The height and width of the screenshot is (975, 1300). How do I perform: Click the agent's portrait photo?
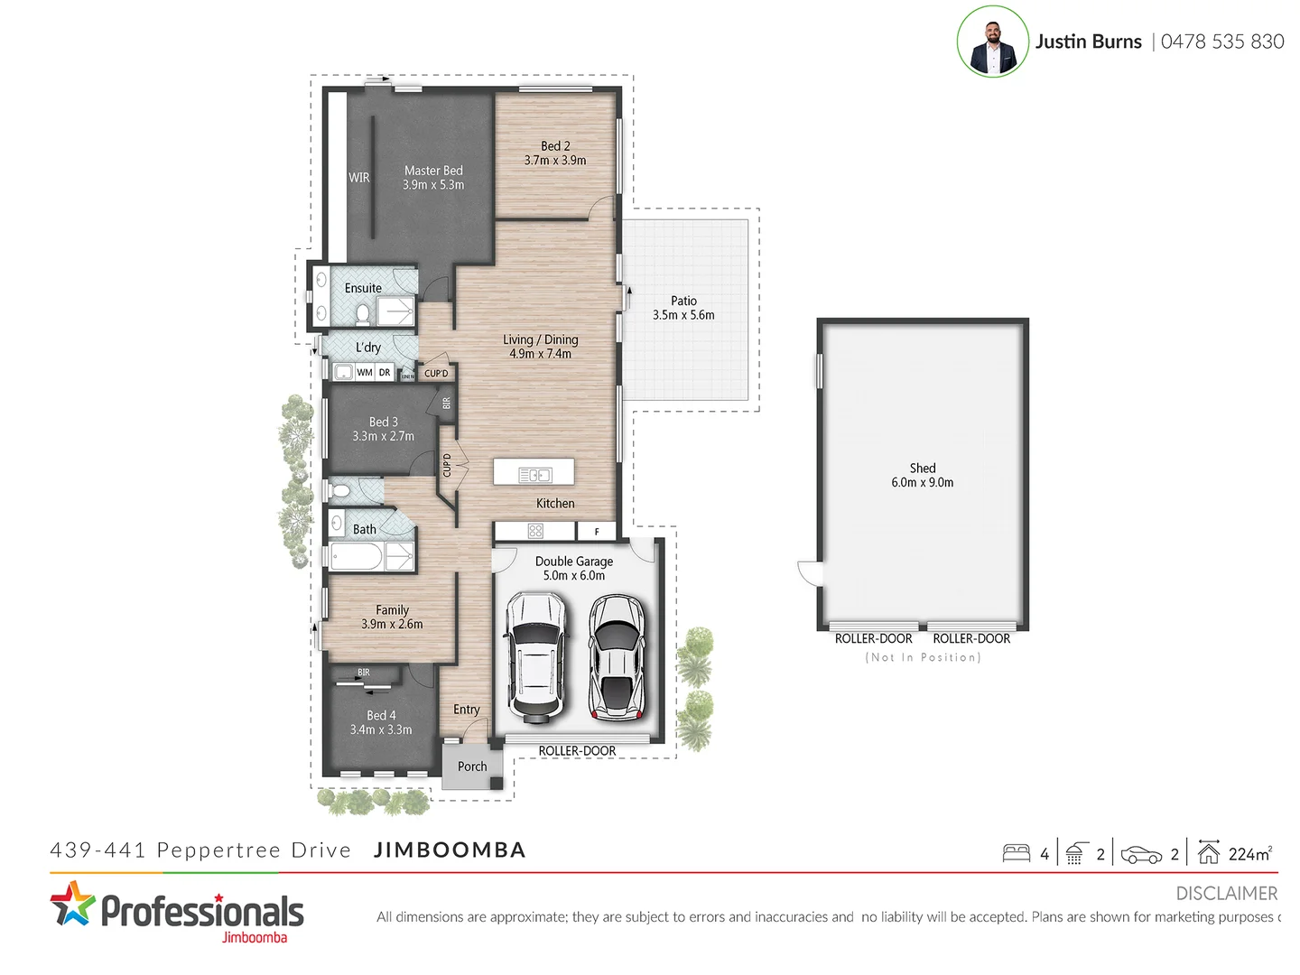pyautogui.click(x=992, y=42)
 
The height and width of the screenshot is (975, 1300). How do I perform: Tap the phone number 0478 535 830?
pyautogui.click(x=1221, y=42)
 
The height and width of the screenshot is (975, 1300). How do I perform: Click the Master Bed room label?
pyautogui.click(x=433, y=171)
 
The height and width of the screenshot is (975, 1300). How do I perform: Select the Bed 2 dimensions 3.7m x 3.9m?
pyautogui.click(x=555, y=161)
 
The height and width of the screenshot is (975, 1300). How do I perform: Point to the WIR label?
pyautogui.click(x=359, y=178)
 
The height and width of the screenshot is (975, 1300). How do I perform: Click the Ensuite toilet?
pyautogui.click(x=363, y=314)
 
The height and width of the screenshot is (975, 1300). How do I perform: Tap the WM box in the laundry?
pyautogui.click(x=365, y=372)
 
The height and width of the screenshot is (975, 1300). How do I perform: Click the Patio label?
pyautogui.click(x=683, y=301)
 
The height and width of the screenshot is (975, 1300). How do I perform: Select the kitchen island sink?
pyautogui.click(x=535, y=475)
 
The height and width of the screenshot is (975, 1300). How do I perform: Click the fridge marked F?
pyautogui.click(x=597, y=532)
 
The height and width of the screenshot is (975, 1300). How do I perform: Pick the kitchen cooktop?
pyautogui.click(x=535, y=531)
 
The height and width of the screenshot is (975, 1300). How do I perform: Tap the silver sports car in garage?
pyautogui.click(x=617, y=657)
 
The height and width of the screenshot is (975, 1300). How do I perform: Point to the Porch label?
pyautogui.click(x=472, y=766)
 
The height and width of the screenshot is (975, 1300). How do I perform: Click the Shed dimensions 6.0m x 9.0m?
pyautogui.click(x=922, y=483)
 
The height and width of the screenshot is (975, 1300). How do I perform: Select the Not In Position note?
pyautogui.click(x=923, y=657)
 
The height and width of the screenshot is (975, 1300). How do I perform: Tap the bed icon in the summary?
pyautogui.click(x=1017, y=853)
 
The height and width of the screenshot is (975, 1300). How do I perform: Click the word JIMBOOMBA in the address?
pyautogui.click(x=450, y=850)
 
